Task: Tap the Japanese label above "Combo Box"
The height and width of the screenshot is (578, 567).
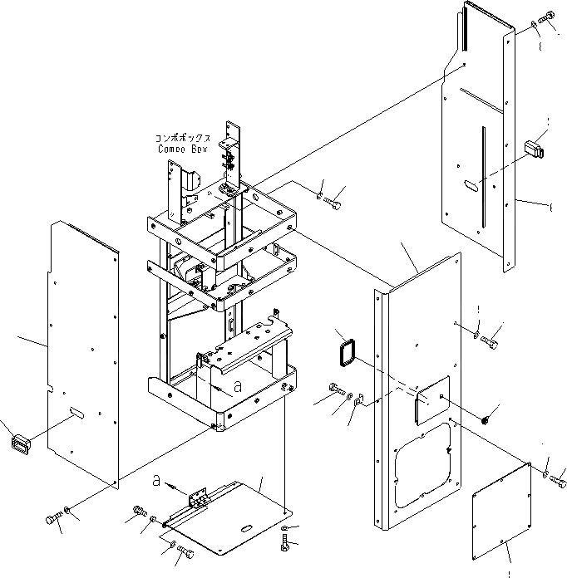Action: (x=183, y=138)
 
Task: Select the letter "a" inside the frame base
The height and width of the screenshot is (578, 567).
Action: (x=237, y=386)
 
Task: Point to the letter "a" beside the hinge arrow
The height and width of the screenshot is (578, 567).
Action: (x=157, y=480)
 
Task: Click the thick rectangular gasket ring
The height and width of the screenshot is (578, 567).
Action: (x=345, y=352)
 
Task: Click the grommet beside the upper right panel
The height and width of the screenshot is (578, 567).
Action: (x=534, y=150)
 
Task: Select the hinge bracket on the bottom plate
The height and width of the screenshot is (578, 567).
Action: (x=199, y=499)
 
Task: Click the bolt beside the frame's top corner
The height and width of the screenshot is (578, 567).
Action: (x=335, y=200)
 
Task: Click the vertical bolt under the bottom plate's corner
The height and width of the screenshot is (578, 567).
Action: (x=287, y=546)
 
